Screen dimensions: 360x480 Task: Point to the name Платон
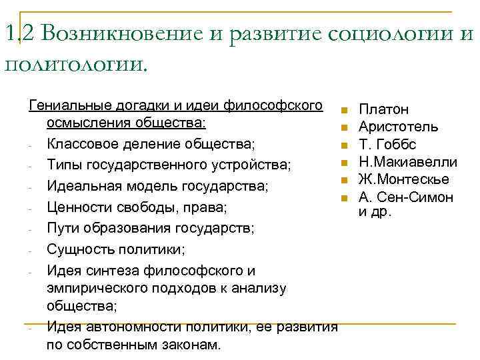[384, 109]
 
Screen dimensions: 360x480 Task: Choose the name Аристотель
[399, 127]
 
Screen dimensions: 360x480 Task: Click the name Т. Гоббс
[387, 144]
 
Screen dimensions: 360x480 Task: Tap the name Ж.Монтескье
[403, 179]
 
